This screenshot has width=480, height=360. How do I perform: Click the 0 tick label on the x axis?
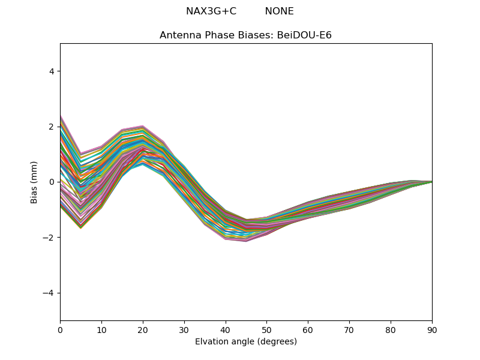(x=60, y=329)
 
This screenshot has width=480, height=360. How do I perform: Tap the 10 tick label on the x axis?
(x=101, y=329)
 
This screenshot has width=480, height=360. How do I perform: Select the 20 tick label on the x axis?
(x=143, y=329)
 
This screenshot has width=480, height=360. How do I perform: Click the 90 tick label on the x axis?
(x=432, y=329)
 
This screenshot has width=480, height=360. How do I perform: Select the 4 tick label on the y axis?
(x=52, y=71)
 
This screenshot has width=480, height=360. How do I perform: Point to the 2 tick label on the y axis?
(x=52, y=127)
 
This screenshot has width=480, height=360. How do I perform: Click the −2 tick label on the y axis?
(x=49, y=238)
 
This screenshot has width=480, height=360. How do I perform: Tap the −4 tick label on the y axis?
(x=49, y=293)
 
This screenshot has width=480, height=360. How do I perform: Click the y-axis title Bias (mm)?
(x=34, y=182)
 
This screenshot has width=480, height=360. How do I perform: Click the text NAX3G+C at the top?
(x=211, y=11)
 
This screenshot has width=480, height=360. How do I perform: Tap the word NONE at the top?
(x=279, y=11)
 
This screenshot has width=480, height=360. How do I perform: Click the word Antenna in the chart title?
(x=179, y=35)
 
